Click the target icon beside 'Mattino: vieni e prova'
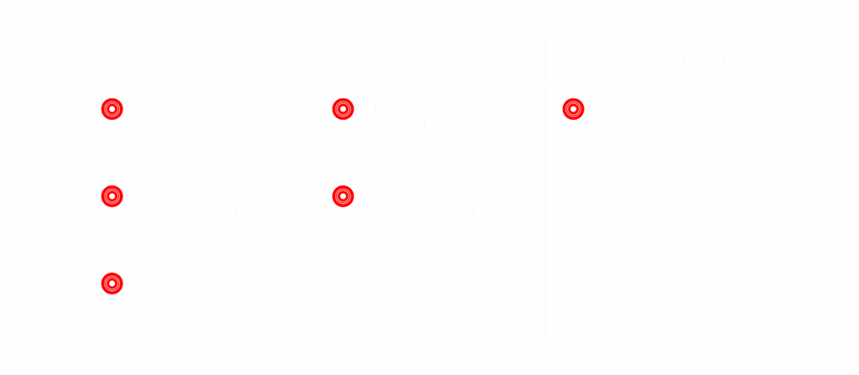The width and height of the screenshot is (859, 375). point(112,109)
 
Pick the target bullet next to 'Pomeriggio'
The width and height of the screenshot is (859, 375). point(112,196)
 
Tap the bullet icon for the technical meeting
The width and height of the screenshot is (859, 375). point(112,284)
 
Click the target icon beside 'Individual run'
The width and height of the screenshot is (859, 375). point(342,109)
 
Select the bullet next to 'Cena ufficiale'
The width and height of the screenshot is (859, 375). point(342,196)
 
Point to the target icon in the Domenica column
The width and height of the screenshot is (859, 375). point(573,109)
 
